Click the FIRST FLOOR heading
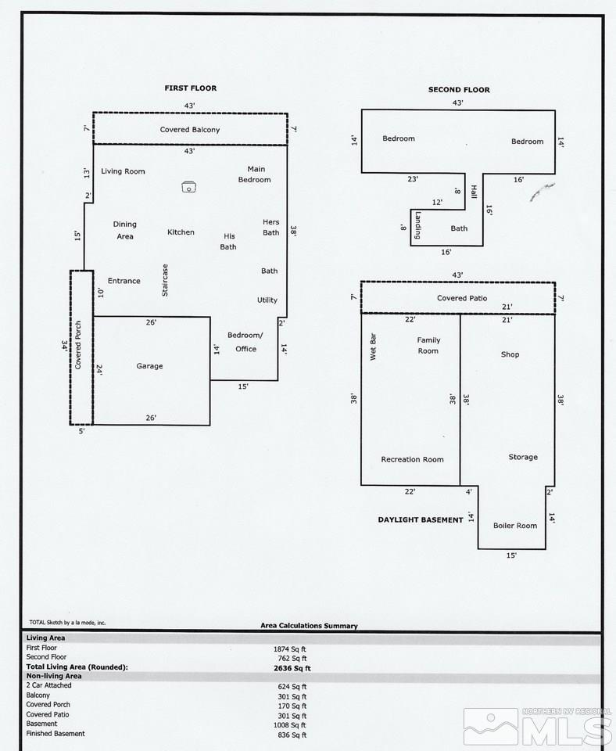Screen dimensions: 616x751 pyautogui.click(x=191, y=88)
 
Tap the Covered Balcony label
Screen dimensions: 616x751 pyautogui.click(x=190, y=130)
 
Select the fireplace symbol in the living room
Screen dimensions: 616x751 pyautogui.click(x=189, y=187)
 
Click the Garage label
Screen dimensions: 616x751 pyautogui.click(x=150, y=366)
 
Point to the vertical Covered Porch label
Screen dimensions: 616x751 pyautogui.click(x=78, y=345)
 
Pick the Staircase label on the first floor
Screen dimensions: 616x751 pyautogui.click(x=165, y=280)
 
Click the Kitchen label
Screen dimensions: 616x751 pyautogui.click(x=181, y=232)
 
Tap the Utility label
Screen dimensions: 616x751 pyautogui.click(x=267, y=300)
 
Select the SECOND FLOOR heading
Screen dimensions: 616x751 pyautogui.click(x=459, y=89)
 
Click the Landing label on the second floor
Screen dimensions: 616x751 pyautogui.click(x=418, y=225)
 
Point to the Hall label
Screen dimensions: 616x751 pyautogui.click(x=474, y=192)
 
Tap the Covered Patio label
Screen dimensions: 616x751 pyautogui.click(x=462, y=298)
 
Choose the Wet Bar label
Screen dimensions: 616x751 pyautogui.click(x=373, y=347)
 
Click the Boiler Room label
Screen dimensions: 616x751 pyautogui.click(x=515, y=526)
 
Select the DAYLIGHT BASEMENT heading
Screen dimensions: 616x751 pyautogui.click(x=421, y=519)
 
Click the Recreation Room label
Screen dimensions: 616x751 pyautogui.click(x=412, y=459)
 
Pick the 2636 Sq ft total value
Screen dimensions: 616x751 pyautogui.click(x=292, y=668)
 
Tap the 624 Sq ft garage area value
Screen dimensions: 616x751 pyautogui.click(x=292, y=687)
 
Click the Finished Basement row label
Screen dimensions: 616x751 pyautogui.click(x=56, y=733)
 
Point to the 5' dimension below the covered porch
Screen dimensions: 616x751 pyautogui.click(x=82, y=431)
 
